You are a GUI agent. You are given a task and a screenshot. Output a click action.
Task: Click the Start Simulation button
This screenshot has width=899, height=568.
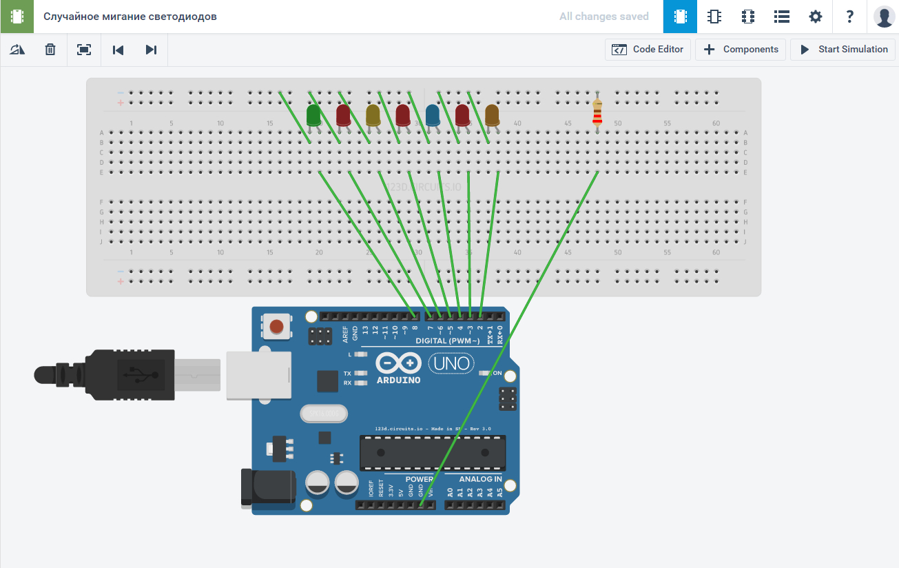pos(843,50)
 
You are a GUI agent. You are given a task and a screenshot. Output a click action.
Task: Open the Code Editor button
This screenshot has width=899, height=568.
pos(648,50)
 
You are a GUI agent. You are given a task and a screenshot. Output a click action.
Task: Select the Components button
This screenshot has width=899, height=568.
pos(741,50)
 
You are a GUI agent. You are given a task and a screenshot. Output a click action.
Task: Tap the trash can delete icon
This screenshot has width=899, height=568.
pos(50,50)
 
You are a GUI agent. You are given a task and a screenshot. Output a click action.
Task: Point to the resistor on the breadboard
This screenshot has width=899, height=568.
pos(597,112)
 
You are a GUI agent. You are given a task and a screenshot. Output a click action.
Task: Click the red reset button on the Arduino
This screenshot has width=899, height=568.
pos(277,326)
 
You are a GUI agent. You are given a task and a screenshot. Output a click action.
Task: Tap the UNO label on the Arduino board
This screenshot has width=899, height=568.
pos(452,363)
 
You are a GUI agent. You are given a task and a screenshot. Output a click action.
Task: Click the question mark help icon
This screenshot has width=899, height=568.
pos(850,17)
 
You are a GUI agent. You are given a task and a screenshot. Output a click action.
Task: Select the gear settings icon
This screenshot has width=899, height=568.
pos(816,17)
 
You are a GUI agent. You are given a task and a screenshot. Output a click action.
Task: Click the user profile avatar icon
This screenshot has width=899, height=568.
pos(884,17)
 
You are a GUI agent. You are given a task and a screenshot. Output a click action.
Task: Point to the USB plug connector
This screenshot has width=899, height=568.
pos(103,374)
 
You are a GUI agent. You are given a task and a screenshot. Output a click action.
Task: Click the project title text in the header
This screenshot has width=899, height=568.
pos(130,17)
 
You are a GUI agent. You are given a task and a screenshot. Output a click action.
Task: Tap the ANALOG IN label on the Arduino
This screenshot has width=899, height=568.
pos(481,479)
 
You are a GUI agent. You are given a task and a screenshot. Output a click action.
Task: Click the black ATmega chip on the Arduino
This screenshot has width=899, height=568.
pos(432,453)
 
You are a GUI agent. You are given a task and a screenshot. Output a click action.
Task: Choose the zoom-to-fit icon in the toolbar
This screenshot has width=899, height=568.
pos(84,50)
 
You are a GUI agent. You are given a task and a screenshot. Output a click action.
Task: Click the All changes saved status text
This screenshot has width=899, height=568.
pos(603,17)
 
